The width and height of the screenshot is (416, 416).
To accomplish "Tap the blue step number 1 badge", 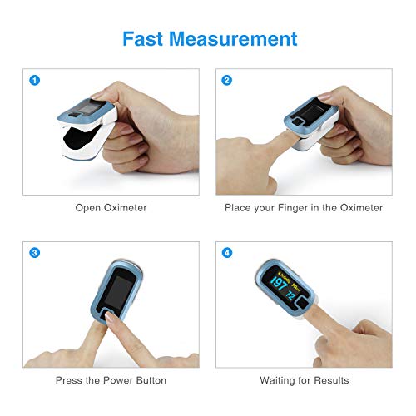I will (35, 81).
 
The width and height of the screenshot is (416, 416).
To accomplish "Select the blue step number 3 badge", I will (35, 253).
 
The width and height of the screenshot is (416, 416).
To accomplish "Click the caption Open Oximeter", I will (111, 207).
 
